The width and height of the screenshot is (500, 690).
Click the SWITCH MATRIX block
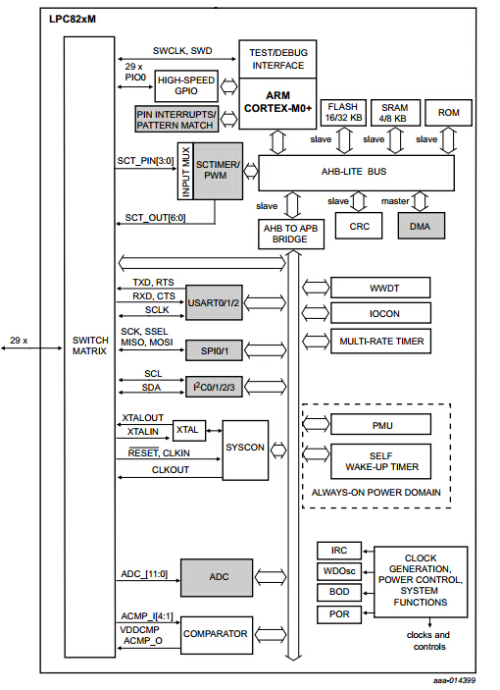click(89, 346)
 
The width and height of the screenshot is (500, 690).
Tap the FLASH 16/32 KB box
click(344, 112)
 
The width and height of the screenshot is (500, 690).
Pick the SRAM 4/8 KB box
click(394, 112)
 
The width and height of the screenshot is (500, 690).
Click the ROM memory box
click(448, 112)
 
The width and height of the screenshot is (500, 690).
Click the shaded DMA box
click(421, 226)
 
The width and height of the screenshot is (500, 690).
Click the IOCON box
click(380, 313)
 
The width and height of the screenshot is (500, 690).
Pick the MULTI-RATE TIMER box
click(380, 341)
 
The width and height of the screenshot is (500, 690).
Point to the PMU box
click(380, 425)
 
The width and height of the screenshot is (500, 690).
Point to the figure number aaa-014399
click(455, 679)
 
